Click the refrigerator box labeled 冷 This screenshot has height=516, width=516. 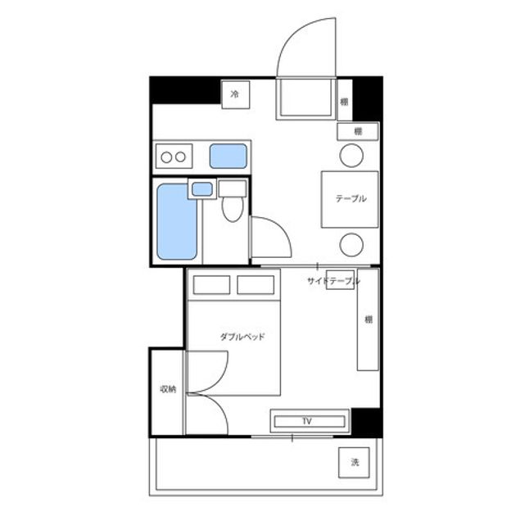(235, 95)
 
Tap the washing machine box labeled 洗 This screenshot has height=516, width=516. (354, 463)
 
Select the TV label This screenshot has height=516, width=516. (307, 421)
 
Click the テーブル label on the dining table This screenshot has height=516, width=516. (351, 199)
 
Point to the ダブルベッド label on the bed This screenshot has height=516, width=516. (242, 337)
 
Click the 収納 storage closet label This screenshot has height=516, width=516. (168, 389)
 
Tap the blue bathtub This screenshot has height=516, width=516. (177, 221)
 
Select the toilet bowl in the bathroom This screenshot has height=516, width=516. (233, 209)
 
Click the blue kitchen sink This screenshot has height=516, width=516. (228, 156)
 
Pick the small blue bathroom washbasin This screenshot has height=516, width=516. (202, 189)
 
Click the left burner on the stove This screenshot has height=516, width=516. (166, 157)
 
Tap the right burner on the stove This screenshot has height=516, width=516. (180, 157)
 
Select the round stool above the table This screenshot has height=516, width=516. (351, 156)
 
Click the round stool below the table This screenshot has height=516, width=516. (351, 245)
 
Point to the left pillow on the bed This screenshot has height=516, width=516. (211, 285)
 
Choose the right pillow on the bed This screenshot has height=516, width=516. (256, 285)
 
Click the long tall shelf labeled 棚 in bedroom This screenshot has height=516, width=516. (368, 319)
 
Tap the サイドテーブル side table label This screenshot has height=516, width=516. (333, 281)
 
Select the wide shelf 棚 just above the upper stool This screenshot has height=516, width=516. (358, 131)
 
